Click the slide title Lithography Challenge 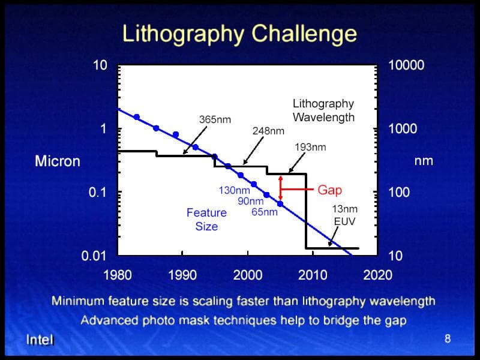tap(239, 33)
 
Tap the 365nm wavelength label tap(214, 119)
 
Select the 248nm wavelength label tap(268, 130)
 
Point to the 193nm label tap(310, 147)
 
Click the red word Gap tap(329, 190)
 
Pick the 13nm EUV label tap(344, 215)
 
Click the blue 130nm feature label tap(234, 190)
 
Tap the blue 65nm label tap(265, 212)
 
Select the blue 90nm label tap(251, 201)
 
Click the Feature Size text tap(206, 220)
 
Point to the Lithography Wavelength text tap(323, 110)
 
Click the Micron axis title tap(57, 161)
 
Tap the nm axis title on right tap(424, 161)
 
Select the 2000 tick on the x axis tap(247, 275)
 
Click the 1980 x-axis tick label tap(118, 275)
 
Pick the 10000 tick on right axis tap(406, 65)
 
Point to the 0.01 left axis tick tap(94, 257)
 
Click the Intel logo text tap(40, 340)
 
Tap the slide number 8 tap(447, 339)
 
